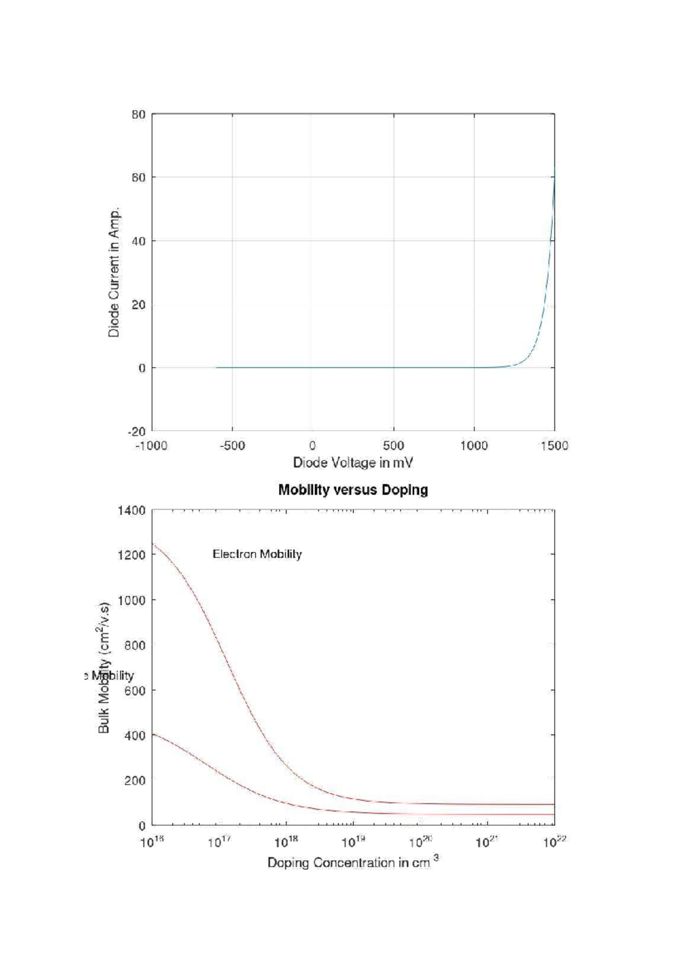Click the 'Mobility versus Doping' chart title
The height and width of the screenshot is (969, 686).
tap(353, 490)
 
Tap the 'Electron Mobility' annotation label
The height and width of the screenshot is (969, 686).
tap(257, 554)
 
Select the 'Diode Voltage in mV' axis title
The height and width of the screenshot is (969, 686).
tap(353, 463)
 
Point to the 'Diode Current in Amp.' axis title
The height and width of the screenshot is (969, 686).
tap(114, 272)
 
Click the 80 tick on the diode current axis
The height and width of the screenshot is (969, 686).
tap(139, 115)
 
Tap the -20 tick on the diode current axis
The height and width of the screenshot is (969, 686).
tap(137, 431)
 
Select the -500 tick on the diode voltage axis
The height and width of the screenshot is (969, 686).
tap(232, 446)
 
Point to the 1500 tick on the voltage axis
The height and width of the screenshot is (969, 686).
tap(554, 446)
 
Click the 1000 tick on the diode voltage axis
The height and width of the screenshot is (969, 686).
tap(474, 446)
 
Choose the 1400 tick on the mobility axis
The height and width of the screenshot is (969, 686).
tap(131, 510)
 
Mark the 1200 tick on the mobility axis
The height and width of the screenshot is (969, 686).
tap(131, 555)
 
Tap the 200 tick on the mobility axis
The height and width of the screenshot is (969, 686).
tap(135, 781)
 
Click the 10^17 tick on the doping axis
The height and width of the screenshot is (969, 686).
tap(219, 842)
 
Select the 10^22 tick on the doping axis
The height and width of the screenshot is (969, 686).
tap(554, 842)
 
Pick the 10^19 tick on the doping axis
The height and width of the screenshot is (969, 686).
tap(353, 842)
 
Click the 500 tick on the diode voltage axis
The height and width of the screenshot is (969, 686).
tap(393, 446)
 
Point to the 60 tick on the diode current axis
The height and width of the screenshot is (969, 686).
tap(139, 178)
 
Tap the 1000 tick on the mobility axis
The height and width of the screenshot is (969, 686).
tap(131, 600)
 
